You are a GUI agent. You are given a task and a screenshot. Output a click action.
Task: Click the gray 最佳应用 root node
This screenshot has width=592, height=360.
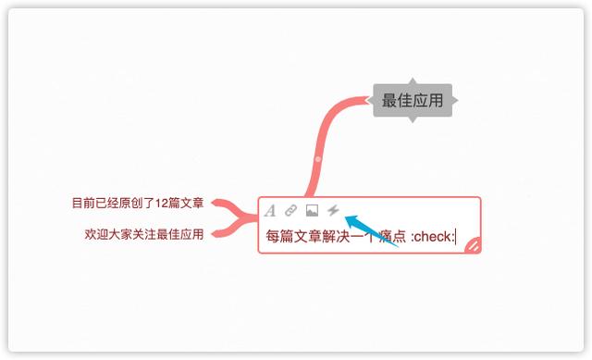point(413,100)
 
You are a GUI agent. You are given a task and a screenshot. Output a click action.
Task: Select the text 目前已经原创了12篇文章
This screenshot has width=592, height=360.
point(138,203)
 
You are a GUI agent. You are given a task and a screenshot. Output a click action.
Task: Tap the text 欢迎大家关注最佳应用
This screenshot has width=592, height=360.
point(143,234)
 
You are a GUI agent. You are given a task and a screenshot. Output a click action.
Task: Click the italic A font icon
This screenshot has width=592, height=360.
point(270,210)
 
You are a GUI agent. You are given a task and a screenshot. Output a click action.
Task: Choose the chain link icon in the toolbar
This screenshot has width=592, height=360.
point(290,210)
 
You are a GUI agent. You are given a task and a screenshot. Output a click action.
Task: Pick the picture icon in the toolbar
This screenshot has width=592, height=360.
point(312,210)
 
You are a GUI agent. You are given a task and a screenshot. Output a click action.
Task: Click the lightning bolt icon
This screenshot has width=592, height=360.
point(333,210)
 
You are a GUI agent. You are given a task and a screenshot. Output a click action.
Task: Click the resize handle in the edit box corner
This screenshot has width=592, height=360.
point(472,244)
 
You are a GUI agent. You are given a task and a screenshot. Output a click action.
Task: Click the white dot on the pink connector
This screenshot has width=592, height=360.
point(317,160)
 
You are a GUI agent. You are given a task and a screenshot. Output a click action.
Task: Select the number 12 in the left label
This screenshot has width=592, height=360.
point(163,203)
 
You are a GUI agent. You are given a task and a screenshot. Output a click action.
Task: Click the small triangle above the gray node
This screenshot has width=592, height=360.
point(413,81)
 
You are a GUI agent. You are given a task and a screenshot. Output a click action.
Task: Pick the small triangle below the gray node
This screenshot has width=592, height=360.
point(413,119)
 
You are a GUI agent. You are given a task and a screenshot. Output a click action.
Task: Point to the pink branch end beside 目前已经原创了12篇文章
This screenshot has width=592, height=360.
point(218,203)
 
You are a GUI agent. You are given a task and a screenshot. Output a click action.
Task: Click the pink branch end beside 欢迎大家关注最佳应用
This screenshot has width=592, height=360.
point(218,233)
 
